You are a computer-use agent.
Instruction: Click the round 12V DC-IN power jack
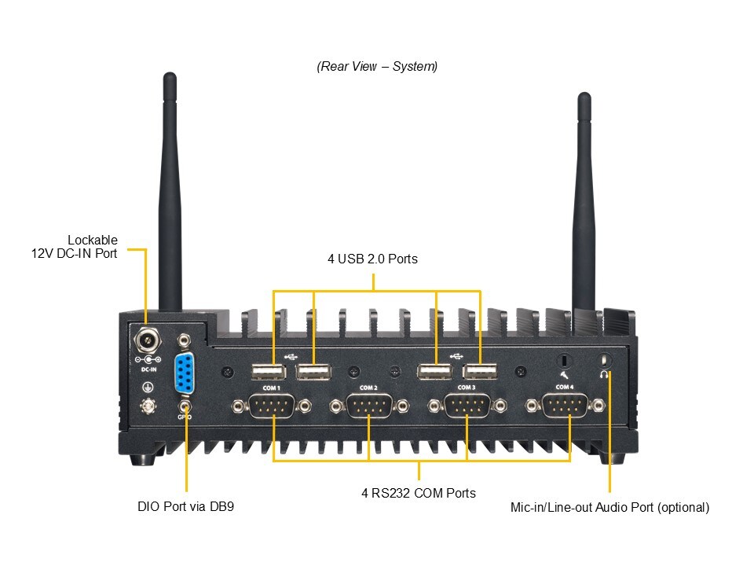pyautogui.click(x=146, y=340)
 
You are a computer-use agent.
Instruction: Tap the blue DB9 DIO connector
pyautogui.click(x=185, y=373)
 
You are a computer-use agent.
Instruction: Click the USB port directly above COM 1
pyautogui.click(x=268, y=372)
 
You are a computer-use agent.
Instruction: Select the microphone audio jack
pyautogui.click(x=563, y=361)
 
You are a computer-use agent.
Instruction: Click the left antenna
pyautogui.click(x=170, y=197)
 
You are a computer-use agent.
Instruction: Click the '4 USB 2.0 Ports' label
pyautogui.click(x=372, y=259)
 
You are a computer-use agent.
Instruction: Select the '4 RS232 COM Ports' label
pyautogui.click(x=418, y=494)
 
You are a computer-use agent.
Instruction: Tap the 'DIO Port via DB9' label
pyautogui.click(x=185, y=507)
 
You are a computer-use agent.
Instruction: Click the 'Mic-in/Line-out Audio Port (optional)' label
pyautogui.click(x=609, y=507)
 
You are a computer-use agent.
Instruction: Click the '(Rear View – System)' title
pyautogui.click(x=377, y=67)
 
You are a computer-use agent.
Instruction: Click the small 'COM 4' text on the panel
pyautogui.click(x=565, y=388)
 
